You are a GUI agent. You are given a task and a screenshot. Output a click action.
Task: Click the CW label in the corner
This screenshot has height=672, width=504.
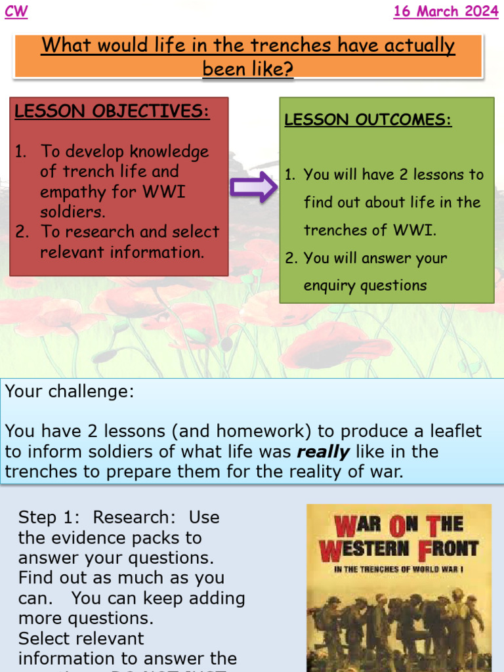(x=16, y=12)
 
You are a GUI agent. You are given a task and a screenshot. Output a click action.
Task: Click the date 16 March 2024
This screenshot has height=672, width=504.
(x=446, y=12)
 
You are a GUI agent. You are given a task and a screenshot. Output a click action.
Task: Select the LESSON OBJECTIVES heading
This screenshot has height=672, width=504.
(x=112, y=111)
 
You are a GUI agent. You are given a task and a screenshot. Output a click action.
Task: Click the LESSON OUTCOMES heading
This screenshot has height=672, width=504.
(x=367, y=120)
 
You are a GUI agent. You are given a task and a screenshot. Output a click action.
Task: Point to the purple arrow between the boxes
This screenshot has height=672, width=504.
(x=253, y=187)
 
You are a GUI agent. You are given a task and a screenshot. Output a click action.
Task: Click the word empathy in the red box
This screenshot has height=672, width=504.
(x=68, y=192)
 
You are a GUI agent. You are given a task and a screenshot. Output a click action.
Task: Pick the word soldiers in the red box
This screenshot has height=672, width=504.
(x=73, y=213)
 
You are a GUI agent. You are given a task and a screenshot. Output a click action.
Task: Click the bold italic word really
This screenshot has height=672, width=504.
(x=323, y=451)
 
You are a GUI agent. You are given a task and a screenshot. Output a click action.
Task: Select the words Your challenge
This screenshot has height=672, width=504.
(x=69, y=392)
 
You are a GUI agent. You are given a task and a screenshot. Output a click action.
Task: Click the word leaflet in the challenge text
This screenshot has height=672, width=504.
(x=453, y=431)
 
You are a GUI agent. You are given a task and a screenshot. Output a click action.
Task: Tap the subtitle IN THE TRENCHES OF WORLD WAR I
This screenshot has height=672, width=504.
(x=398, y=569)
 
